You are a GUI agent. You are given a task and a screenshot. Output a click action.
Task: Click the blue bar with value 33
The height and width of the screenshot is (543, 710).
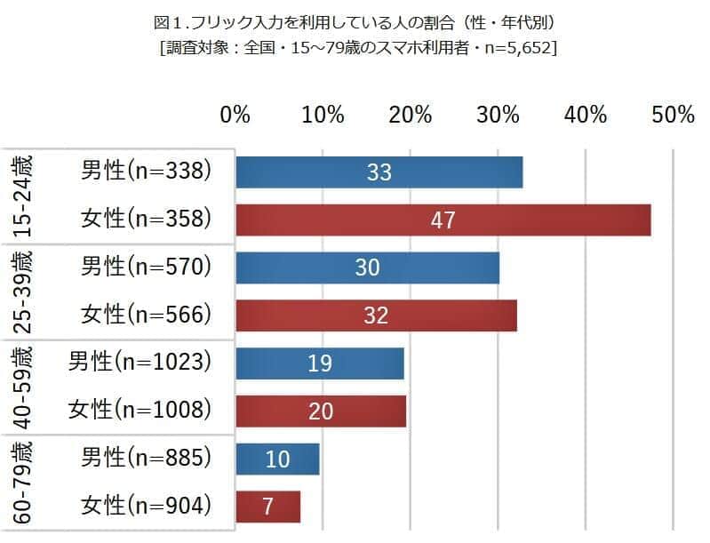pyautogui.click(x=379, y=172)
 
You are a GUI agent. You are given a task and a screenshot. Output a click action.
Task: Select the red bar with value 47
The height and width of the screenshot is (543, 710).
pyautogui.click(x=443, y=220)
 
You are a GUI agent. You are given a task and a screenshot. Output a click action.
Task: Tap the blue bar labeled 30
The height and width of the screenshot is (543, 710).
pyautogui.click(x=367, y=268)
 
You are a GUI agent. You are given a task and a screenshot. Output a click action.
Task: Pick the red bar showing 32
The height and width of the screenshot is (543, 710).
pyautogui.click(x=376, y=315)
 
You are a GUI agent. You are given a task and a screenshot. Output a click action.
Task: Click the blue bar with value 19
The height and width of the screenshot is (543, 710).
pyautogui.click(x=320, y=363)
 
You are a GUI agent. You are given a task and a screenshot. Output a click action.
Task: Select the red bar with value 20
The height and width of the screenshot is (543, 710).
pyautogui.click(x=321, y=410)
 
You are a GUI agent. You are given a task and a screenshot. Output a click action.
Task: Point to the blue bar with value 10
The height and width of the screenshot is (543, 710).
pyautogui.click(x=277, y=458)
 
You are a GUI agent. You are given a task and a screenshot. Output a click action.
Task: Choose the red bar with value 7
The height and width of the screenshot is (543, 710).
pyautogui.click(x=267, y=506)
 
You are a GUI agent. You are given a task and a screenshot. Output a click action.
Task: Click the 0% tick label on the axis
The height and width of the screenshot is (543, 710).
pyautogui.click(x=235, y=116)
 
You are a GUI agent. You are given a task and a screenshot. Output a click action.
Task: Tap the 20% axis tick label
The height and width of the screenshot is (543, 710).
pyautogui.click(x=410, y=116)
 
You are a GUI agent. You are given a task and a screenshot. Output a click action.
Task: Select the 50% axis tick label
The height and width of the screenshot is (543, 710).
pyautogui.click(x=672, y=116)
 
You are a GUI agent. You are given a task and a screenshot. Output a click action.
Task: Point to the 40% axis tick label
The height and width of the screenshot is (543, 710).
pyautogui.click(x=585, y=116)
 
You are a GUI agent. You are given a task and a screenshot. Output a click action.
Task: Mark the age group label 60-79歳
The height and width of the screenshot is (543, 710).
pyautogui.click(x=22, y=483)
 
